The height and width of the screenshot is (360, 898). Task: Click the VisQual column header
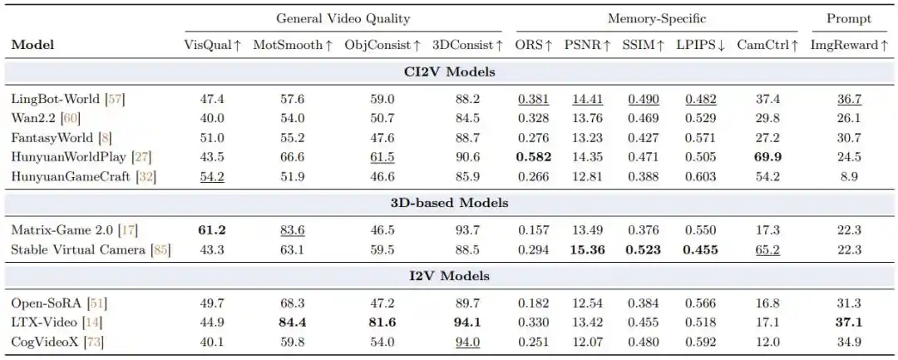point(213,45)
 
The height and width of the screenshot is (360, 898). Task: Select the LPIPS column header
point(700,45)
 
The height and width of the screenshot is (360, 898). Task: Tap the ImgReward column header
point(849,45)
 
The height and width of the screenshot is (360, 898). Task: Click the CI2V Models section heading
point(449,72)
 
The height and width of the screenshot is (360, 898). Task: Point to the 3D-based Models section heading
point(449,203)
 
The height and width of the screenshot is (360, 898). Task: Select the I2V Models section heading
point(449,276)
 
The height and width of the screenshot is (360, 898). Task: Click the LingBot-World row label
point(68,99)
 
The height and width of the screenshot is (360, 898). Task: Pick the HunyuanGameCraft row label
point(84,177)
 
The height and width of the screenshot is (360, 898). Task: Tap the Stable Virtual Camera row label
point(91,250)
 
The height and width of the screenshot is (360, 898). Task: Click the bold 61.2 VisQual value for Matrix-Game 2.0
point(213,230)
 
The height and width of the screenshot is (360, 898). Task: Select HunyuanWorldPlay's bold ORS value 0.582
point(533,157)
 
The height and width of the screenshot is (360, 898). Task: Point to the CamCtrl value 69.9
point(767,157)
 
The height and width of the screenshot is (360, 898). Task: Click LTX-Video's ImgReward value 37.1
point(849,323)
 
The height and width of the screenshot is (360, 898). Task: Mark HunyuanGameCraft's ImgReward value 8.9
point(849,177)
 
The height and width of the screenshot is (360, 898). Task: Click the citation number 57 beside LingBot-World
point(114,99)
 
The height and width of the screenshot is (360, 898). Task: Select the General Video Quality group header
point(343,18)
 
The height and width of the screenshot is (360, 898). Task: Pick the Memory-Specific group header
point(657,19)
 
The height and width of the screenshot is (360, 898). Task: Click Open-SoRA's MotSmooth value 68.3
point(292,303)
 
